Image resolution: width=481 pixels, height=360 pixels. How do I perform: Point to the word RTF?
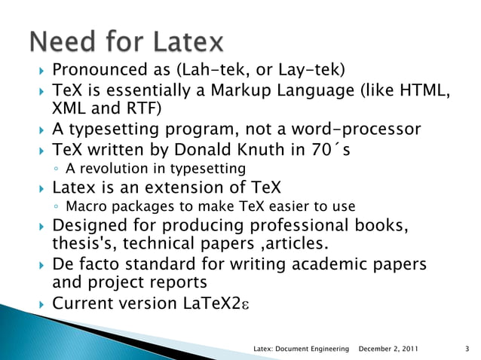[140, 108]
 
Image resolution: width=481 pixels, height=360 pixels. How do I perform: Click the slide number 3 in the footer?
[467, 349]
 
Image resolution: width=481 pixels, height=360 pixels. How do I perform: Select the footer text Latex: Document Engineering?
[302, 349]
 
